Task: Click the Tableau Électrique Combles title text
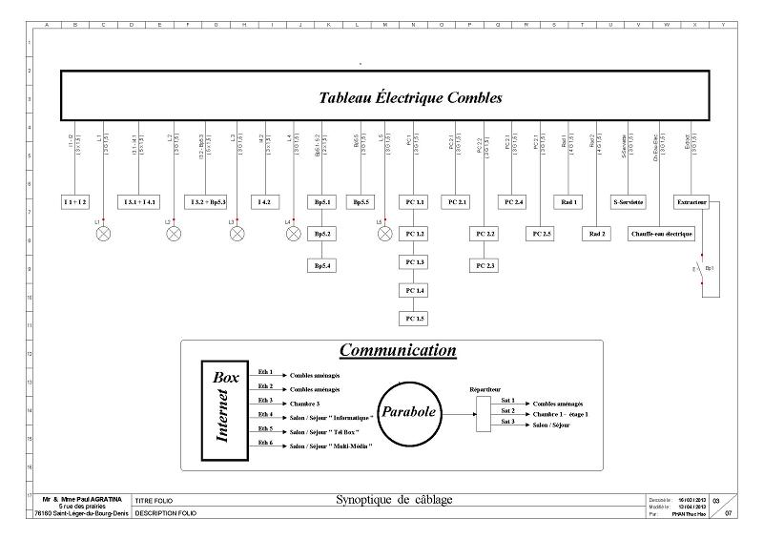(410, 97)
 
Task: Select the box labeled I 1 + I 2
(75, 202)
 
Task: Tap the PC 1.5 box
(414, 319)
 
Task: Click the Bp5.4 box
(323, 265)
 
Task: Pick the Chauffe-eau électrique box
(662, 234)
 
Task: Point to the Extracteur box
(691, 202)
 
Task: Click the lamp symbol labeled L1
(104, 233)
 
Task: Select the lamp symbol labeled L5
(385, 233)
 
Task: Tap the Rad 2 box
(598, 234)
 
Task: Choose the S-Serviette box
(629, 202)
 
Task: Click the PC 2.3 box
(485, 265)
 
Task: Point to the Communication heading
(398, 351)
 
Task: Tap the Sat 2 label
(507, 411)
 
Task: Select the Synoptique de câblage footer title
(395, 500)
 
